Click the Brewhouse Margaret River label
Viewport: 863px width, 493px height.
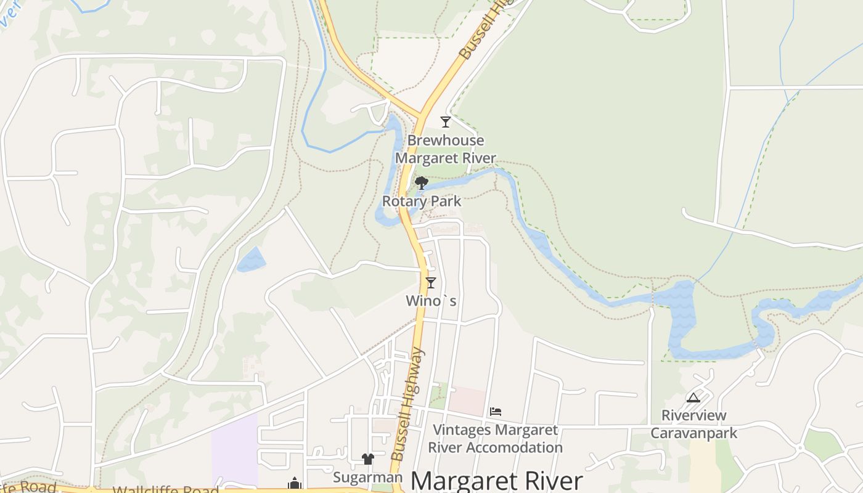point(445,149)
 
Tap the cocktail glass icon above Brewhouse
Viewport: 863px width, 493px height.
point(446,122)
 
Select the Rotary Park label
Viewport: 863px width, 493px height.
point(422,202)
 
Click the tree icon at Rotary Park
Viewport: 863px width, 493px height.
point(422,182)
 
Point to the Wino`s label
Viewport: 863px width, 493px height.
point(431,301)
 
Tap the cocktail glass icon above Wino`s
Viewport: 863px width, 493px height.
point(431,283)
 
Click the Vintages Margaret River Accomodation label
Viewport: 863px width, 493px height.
point(495,439)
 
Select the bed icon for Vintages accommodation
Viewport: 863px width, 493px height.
point(496,412)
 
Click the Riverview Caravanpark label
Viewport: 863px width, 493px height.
point(693,424)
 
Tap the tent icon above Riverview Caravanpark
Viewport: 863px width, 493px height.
point(693,398)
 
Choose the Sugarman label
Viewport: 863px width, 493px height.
point(367,478)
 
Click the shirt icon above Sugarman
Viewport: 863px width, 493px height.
point(368,459)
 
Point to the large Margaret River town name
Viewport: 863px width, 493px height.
point(496,481)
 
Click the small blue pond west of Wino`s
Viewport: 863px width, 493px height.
point(252,260)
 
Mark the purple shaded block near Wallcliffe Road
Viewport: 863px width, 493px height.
point(234,450)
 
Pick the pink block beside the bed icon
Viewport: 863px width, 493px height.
point(467,401)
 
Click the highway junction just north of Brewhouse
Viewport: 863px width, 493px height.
point(422,115)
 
